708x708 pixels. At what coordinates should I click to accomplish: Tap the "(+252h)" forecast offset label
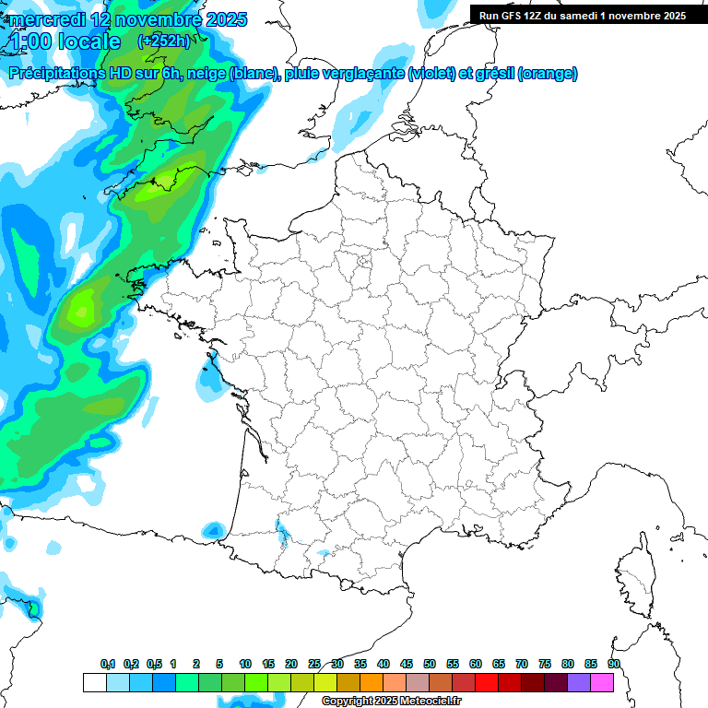pos(164,41)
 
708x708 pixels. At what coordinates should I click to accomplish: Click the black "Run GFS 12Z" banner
pos(588,15)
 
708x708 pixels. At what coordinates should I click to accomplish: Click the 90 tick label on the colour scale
pos(614,664)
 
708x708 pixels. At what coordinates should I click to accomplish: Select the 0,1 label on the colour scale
pos(108,664)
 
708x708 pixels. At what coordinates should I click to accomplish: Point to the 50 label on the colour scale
pos(430,664)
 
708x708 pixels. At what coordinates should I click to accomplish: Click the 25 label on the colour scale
pos(314,664)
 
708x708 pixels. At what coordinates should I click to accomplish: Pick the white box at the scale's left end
pos(94,682)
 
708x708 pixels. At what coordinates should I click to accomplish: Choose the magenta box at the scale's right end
pos(602,682)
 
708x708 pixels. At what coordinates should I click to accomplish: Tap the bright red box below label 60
pos(487,682)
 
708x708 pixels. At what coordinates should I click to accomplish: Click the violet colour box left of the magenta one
pos(579,682)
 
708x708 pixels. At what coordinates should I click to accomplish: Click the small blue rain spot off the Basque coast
pos(214,530)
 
